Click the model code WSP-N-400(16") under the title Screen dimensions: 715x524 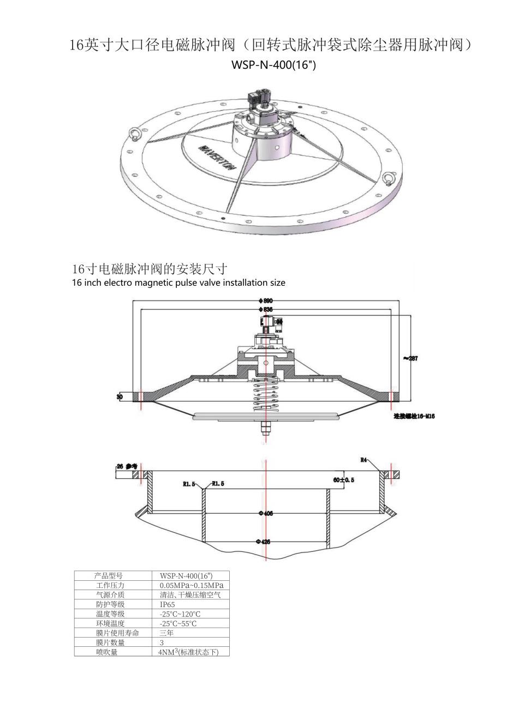pos(274,65)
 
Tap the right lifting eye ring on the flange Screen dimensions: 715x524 pos(389,179)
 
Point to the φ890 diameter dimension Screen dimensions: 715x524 pos(266,301)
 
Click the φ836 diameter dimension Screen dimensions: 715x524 pos(266,309)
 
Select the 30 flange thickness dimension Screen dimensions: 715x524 pos(120,396)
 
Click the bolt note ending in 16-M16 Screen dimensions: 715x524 pos(414,417)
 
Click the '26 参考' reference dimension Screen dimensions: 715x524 pos(126,466)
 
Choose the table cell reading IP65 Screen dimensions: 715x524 pos(168,604)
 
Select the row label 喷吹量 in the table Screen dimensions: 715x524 pos(107,652)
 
